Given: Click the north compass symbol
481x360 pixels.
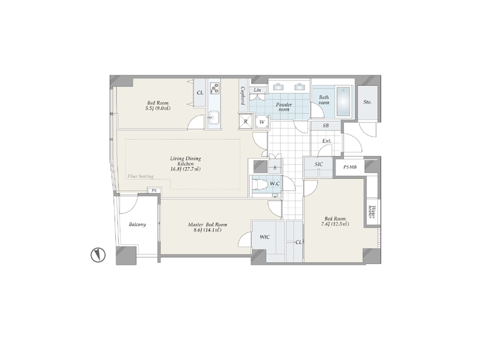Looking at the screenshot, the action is click(98, 255).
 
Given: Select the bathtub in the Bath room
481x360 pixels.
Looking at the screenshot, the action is click(343, 102).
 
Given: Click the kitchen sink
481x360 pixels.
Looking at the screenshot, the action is click(213, 118).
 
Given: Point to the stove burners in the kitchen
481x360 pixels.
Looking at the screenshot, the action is click(214, 88).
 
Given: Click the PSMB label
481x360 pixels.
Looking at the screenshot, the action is click(349, 167).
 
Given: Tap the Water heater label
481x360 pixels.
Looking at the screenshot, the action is click(372, 211).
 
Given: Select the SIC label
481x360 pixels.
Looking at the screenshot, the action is click(319, 164).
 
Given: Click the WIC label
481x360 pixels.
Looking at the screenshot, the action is click(265, 237).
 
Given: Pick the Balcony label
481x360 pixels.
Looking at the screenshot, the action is click(138, 224).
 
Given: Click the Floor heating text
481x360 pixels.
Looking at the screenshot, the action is click(141, 176).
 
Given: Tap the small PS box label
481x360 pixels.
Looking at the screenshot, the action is click(154, 191).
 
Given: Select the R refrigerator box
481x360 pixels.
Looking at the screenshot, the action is click(246, 121).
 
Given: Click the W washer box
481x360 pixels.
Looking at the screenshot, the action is click(262, 122).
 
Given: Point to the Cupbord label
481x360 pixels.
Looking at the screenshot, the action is click(243, 95).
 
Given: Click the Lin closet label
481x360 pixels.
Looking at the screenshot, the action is click(258, 90).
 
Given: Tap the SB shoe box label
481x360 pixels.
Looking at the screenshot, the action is click(326, 125).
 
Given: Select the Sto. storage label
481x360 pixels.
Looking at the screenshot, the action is click(368, 102).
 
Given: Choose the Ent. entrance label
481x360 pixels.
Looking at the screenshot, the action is click(327, 141).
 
